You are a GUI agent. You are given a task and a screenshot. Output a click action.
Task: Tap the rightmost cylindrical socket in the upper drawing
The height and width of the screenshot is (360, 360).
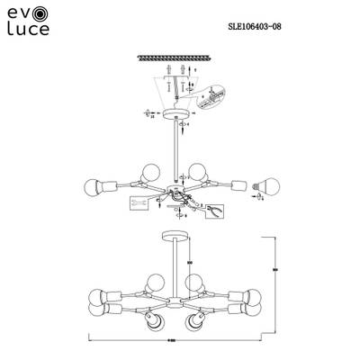coord(239,185)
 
